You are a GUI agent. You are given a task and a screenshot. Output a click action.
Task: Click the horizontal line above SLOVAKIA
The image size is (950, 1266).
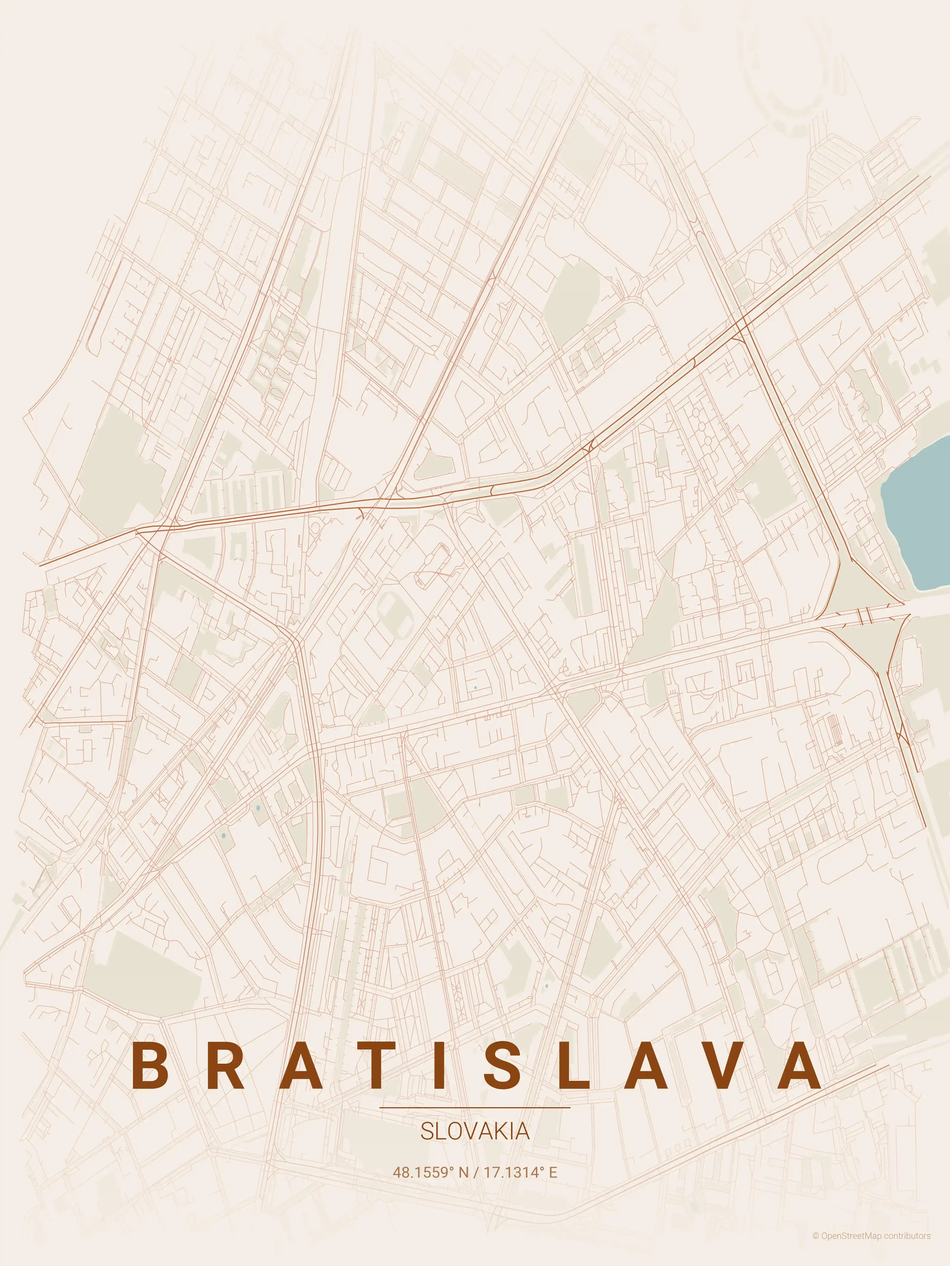click(x=475, y=1107)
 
